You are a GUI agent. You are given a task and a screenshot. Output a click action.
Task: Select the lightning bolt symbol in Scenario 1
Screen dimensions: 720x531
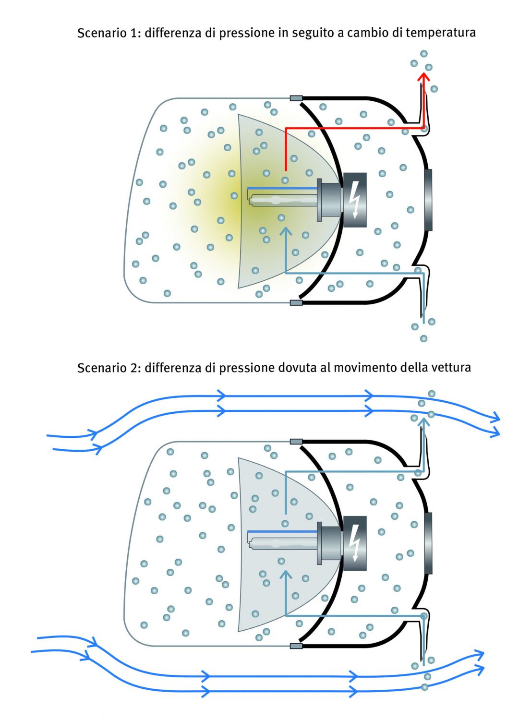355,200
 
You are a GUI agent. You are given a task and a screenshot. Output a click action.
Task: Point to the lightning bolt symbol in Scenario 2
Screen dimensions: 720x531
355,543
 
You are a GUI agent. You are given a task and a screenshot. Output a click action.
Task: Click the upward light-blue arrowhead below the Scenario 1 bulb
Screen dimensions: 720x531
286,232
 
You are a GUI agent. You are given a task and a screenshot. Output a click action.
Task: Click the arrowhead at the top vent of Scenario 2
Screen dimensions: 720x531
423,421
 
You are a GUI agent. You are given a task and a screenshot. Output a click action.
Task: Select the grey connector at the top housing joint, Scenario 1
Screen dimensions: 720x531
296,98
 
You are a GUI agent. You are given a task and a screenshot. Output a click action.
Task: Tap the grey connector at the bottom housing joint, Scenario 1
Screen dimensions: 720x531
296,303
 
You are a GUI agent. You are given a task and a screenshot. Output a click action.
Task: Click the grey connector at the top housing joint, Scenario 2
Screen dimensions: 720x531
296,441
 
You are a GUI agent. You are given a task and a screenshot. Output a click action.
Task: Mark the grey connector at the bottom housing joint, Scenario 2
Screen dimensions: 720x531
296,646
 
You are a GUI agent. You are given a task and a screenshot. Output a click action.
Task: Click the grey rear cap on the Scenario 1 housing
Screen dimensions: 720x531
428,200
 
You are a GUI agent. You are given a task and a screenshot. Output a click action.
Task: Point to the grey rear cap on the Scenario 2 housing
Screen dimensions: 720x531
428,543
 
